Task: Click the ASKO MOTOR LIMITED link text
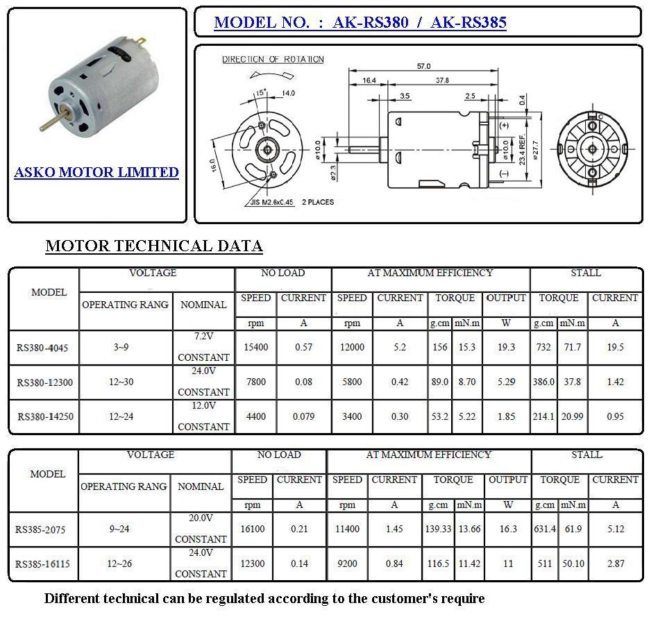[96, 172]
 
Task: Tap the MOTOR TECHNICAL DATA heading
[153, 246]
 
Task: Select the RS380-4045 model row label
[44, 348]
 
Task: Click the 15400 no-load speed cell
[255, 347]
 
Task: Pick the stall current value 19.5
[614, 347]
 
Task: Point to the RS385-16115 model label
[43, 564]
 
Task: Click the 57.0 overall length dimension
[423, 66]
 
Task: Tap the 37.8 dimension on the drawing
[441, 80]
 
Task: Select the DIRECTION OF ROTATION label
[273, 60]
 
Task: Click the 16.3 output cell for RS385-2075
[508, 529]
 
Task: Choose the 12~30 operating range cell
[121, 382]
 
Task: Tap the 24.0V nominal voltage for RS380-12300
[203, 371]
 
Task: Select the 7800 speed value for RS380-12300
[255, 382]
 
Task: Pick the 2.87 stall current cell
[615, 563]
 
